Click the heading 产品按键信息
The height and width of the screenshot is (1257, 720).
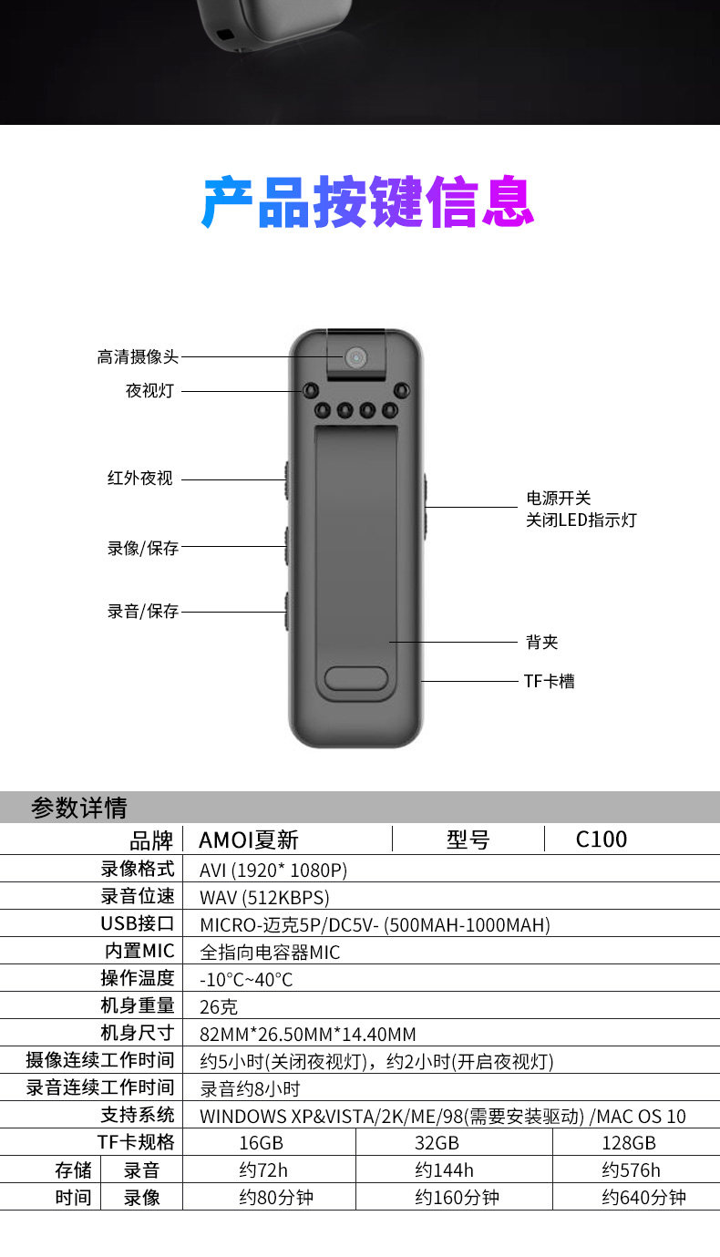point(367,202)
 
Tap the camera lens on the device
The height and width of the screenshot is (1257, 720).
point(355,356)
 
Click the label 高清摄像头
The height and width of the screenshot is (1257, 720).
point(138,357)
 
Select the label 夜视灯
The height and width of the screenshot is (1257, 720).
point(149,391)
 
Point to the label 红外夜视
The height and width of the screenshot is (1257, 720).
point(139,479)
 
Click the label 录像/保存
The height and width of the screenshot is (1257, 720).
point(143,548)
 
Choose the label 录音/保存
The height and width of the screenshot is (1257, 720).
point(143,611)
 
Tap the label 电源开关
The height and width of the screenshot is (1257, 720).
point(559,499)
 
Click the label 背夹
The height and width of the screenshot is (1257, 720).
point(541,643)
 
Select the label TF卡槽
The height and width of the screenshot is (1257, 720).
point(549,681)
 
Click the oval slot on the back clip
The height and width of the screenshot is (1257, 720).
point(355,678)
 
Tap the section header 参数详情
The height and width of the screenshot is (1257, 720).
point(79,808)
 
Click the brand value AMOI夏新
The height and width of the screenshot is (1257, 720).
point(249,840)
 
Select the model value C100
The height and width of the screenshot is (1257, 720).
point(602,840)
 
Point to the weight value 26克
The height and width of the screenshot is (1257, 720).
point(219,1006)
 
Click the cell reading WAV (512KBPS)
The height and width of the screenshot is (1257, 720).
point(264,897)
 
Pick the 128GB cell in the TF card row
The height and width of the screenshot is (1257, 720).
point(629,1143)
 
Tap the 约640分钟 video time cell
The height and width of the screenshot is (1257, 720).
point(643,1198)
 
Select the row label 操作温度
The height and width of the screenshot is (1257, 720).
point(137,978)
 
